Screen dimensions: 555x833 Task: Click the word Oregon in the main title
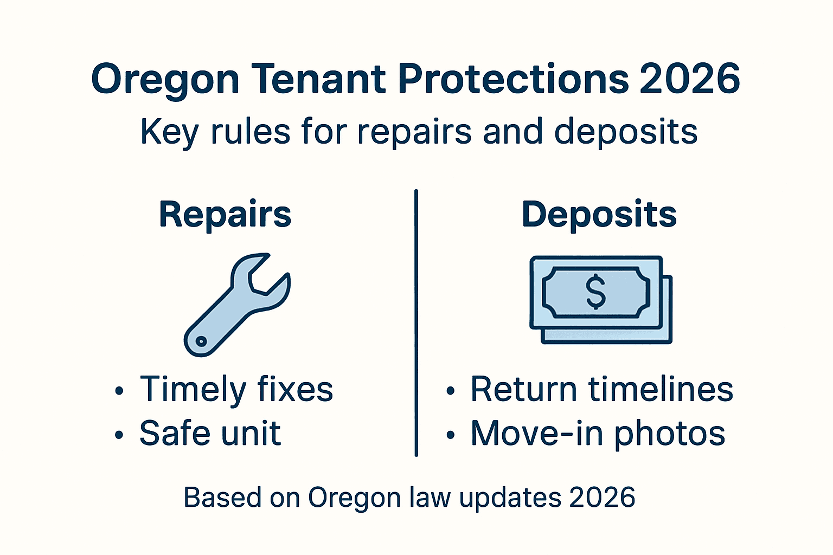(165, 80)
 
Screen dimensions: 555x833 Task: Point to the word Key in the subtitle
(169, 132)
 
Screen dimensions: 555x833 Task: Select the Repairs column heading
(225, 215)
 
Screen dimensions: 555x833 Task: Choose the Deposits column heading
(599, 215)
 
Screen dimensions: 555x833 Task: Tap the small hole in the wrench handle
(201, 341)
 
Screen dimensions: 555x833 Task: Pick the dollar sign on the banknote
(596, 292)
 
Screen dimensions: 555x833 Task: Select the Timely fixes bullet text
(236, 389)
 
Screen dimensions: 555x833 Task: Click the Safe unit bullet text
(210, 433)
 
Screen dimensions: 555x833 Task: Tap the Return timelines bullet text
(601, 389)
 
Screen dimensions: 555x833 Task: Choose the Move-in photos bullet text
(598, 433)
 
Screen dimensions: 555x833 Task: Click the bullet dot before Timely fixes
(119, 391)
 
